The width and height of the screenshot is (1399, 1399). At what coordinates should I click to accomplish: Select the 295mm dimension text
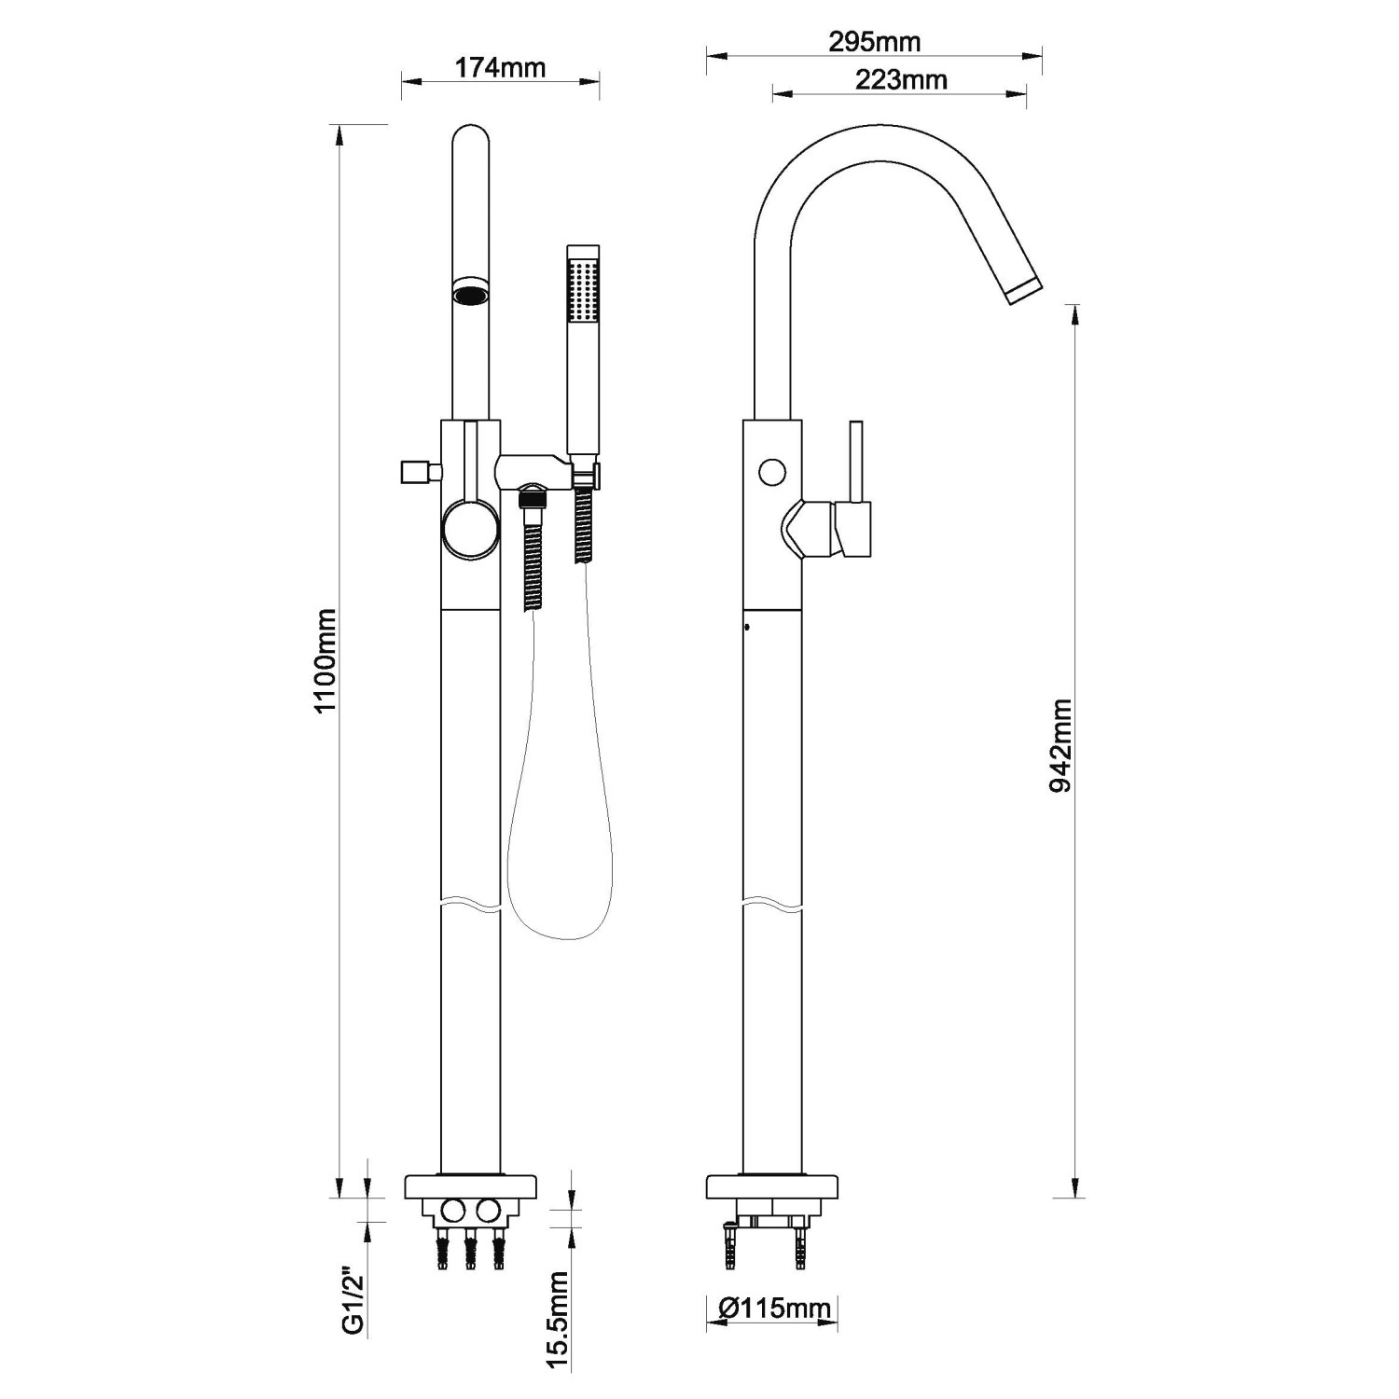click(x=874, y=42)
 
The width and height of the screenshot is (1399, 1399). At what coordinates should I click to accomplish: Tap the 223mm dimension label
click(x=901, y=80)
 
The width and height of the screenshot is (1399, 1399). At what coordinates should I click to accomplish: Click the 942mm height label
click(x=1060, y=745)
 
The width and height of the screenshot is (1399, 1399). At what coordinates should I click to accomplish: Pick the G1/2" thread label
click(x=353, y=1300)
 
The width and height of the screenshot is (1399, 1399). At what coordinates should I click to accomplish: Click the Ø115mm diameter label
click(x=774, y=1309)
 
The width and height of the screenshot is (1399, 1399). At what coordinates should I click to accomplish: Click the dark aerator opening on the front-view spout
click(x=469, y=293)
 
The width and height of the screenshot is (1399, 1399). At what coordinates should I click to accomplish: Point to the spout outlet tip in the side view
click(x=1023, y=289)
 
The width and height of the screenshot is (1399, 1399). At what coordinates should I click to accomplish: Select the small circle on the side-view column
click(x=772, y=473)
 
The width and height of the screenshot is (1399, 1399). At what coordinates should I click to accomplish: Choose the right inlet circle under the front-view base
click(x=487, y=1212)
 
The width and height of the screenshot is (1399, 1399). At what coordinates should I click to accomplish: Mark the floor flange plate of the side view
click(x=772, y=1187)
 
